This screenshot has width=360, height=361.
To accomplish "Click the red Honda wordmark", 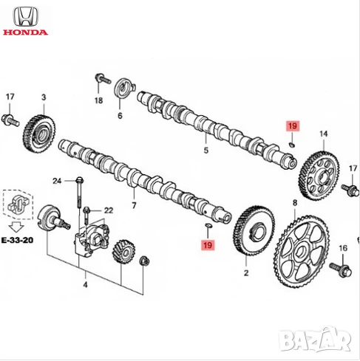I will tap(26, 32).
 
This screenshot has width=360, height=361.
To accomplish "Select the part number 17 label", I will tap(10, 97).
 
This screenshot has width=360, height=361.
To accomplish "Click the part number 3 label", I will tap(44, 97).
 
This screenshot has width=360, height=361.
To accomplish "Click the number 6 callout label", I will tap(120, 116).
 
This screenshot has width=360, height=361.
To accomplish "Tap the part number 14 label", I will tap(323, 134).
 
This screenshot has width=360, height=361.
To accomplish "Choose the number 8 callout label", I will tap(295, 202).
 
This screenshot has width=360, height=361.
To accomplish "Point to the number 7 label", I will tap(134, 205).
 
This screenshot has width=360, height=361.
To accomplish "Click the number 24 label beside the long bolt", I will tap(57, 181).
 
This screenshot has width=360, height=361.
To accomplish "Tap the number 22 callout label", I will tap(109, 210).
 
